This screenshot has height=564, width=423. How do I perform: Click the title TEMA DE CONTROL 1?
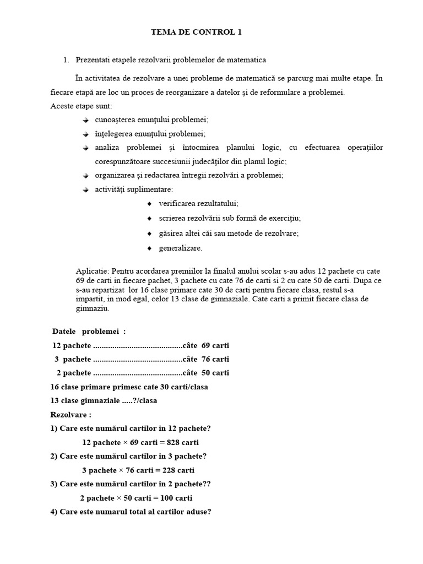tap(196, 32)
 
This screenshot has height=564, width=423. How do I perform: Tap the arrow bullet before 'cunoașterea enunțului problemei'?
tap(85, 120)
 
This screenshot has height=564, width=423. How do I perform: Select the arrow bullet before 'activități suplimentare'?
tap(85, 190)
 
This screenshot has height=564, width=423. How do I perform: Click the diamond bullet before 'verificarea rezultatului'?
tap(149, 204)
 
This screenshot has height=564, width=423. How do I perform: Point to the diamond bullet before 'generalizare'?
tap(149, 248)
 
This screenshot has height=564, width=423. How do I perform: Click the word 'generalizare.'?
tap(181, 248)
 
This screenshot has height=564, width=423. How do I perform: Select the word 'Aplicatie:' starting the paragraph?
tap(93, 272)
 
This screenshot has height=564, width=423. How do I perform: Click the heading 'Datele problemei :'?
tap(89, 331)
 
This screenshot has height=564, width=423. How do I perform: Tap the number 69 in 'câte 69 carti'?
tap(206, 345)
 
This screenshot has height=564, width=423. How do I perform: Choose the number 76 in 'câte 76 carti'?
tap(206, 359)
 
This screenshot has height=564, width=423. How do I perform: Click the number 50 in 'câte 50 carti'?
tap(206, 373)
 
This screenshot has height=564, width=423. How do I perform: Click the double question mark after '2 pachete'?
tap(208, 484)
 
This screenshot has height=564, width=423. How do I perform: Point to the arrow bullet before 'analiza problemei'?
tap(85, 148)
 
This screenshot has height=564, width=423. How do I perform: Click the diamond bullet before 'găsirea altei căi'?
tap(149, 234)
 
